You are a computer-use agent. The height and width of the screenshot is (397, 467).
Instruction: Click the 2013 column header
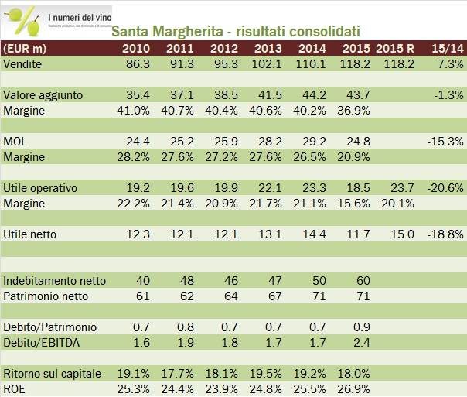click(267, 49)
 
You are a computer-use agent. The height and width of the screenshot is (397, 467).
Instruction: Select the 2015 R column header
click(396, 49)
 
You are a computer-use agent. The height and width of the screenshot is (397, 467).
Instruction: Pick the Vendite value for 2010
click(136, 64)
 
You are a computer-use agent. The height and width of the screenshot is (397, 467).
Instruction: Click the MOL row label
click(15, 142)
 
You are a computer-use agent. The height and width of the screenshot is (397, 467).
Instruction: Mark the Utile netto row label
click(29, 234)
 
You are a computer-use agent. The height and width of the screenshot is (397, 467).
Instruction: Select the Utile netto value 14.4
click(313, 234)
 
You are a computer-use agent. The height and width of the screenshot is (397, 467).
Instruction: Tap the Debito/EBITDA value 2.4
click(360, 341)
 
